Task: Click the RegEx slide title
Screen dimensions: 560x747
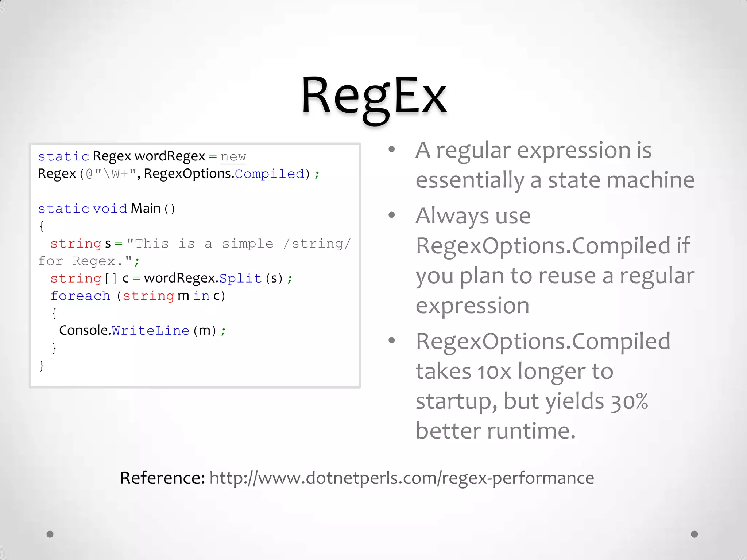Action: [374, 97]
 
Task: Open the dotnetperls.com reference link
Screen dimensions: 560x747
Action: [402, 478]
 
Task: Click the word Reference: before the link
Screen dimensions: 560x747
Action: [163, 478]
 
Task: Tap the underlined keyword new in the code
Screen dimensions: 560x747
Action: [233, 157]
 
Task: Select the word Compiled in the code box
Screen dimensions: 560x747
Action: [270, 174]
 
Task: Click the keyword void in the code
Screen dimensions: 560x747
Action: [110, 209]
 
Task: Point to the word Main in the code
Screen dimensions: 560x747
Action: [146, 209]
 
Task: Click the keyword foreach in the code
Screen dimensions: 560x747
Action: [80, 296]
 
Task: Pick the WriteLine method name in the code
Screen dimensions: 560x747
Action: [151, 331]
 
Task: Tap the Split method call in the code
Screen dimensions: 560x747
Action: [240, 279]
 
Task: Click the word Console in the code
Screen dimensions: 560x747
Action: [84, 330]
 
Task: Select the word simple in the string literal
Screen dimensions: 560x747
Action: [248, 244]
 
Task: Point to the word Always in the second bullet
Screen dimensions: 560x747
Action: [452, 216]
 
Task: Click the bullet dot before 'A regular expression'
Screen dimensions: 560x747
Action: [392, 149]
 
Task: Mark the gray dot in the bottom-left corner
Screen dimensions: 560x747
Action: [50, 534]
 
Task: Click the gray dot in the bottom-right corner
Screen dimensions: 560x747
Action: [694, 534]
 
